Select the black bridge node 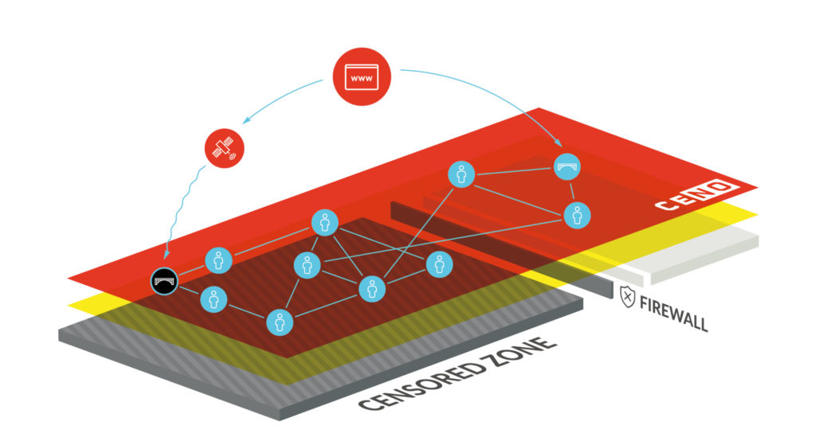pos(165,279)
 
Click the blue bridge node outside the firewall pos(567,166)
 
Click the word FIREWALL pos(673,311)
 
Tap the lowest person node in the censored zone pos(278,322)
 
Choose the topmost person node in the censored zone pos(324,223)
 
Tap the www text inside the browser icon pos(361,79)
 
